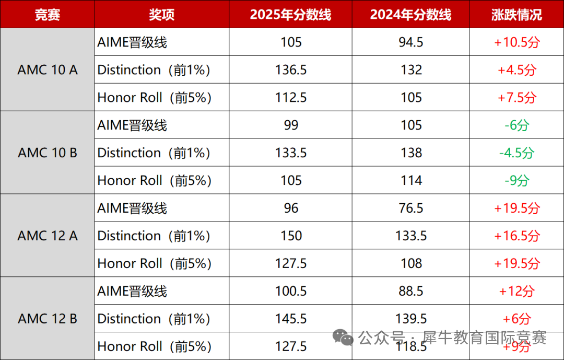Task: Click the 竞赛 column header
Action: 47,15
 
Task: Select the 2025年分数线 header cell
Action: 290,15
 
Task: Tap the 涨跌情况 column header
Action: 516,15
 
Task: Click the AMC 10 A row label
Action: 48,69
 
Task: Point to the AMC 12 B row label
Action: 48,319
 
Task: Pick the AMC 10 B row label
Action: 48,153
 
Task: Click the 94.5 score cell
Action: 411,42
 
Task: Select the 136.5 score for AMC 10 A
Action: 291,70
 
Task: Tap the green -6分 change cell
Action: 516,125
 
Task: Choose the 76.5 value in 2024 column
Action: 411,208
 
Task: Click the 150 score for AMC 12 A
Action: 291,236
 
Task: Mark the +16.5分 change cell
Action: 516,236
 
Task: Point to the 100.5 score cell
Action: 291,291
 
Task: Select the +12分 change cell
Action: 516,291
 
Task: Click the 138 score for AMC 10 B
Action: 411,153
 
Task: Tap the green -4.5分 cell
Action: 516,153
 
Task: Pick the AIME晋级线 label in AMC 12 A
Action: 132,208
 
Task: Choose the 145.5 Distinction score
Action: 291,319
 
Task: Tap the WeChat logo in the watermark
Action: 344,338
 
